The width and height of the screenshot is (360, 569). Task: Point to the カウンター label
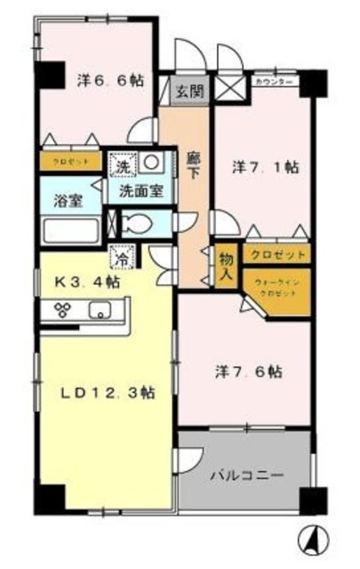277,82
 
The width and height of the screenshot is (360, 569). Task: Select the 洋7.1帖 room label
265,167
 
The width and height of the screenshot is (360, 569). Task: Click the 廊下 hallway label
193,169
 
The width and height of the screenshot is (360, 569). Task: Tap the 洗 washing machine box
120,165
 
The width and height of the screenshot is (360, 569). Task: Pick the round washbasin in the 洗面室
150,164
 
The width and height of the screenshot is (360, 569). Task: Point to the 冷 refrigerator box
121,260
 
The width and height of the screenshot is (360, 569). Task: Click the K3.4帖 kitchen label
85,283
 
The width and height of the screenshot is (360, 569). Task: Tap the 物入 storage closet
225,266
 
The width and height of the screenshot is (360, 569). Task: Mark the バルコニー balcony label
246,476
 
